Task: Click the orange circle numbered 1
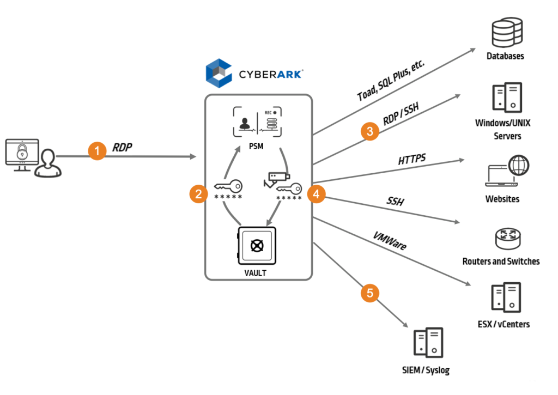[x=98, y=151]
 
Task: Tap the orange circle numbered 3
[x=370, y=131]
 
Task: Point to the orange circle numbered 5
[x=370, y=293]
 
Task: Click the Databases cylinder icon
[x=506, y=32]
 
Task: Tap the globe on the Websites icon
[x=518, y=164]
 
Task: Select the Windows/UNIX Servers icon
[x=507, y=97]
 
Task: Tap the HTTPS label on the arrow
[x=412, y=160]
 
